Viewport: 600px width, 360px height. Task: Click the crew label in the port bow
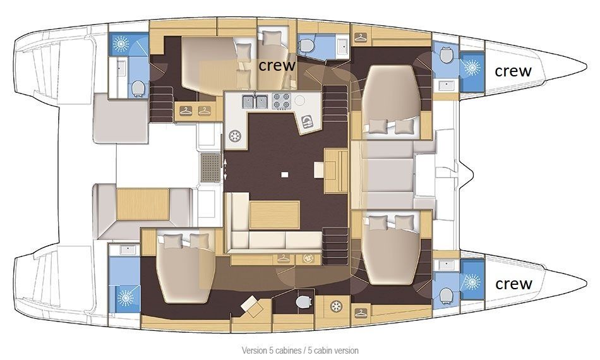click(x=513, y=71)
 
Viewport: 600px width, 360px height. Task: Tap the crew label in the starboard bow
click(x=514, y=284)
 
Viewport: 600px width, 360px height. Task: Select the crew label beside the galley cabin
click(x=277, y=66)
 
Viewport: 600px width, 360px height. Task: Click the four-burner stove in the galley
click(x=281, y=101)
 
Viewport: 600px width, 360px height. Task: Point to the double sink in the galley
click(x=255, y=102)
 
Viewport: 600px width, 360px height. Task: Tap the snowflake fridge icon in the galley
click(x=234, y=136)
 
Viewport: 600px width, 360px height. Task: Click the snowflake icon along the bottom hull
click(x=336, y=306)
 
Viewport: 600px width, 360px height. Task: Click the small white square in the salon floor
click(x=284, y=175)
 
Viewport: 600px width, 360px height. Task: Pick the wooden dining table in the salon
click(x=274, y=215)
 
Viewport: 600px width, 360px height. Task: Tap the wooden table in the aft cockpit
click(x=143, y=204)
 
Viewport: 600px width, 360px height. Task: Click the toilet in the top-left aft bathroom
click(x=138, y=88)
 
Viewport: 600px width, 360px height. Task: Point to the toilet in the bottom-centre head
click(x=304, y=302)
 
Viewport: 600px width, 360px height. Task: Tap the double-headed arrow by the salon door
click(x=225, y=169)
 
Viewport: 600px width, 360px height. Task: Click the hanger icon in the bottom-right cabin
click(x=361, y=313)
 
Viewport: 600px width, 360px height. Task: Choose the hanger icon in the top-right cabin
click(x=361, y=37)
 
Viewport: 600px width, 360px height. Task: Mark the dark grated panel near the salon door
click(x=210, y=167)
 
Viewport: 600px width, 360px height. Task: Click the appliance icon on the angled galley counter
click(x=307, y=122)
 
